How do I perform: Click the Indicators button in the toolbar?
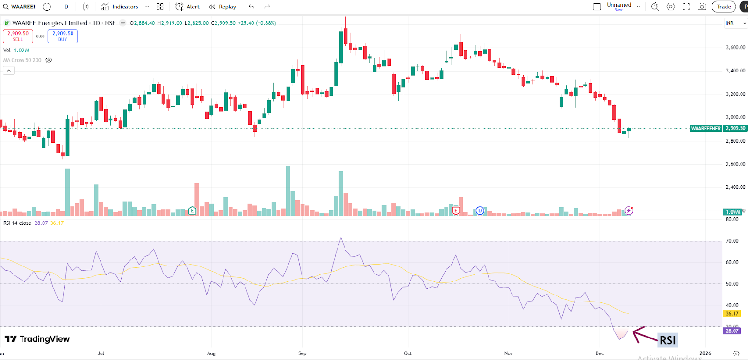[x=120, y=7]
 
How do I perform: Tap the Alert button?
[x=187, y=7]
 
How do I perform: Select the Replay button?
[x=223, y=7]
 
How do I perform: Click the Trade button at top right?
[x=723, y=7]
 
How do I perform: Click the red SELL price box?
[x=18, y=36]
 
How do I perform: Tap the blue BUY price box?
[x=63, y=36]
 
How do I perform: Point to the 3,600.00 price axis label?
[x=735, y=47]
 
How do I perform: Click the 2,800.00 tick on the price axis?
[x=735, y=141]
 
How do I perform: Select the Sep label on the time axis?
[x=302, y=353]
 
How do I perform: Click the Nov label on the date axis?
[x=509, y=353]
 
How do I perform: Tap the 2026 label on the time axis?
[x=705, y=353]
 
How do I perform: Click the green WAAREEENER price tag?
[x=706, y=128]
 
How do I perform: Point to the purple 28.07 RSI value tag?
[x=732, y=331]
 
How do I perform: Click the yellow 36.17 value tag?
[x=732, y=314]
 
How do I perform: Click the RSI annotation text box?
[x=668, y=340]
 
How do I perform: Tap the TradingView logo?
[x=37, y=339]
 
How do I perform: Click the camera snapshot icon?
[x=702, y=7]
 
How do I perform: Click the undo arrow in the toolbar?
[x=252, y=7]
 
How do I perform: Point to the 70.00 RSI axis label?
[x=732, y=241]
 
